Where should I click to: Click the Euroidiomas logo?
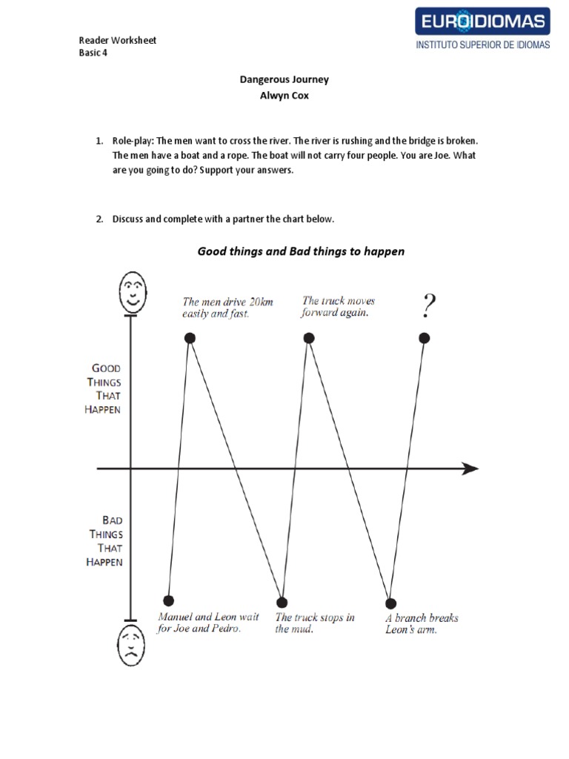(x=483, y=21)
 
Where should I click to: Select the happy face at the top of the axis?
(x=132, y=291)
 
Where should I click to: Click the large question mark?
(x=428, y=305)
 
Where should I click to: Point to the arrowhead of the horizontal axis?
(x=470, y=468)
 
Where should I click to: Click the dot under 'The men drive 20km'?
(x=190, y=338)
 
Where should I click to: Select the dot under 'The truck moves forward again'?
(x=309, y=338)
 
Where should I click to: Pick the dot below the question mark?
(x=425, y=338)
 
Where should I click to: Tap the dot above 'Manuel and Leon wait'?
(x=169, y=600)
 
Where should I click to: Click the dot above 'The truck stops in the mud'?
(x=282, y=602)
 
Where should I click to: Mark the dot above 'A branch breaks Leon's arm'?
(x=390, y=603)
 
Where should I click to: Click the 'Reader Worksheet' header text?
(x=117, y=40)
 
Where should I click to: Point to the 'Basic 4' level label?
(x=93, y=53)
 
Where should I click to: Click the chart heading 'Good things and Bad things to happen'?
(x=301, y=251)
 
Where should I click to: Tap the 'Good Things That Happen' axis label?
(x=103, y=388)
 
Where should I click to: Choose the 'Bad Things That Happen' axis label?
(x=104, y=541)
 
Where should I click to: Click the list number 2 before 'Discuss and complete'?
(x=99, y=219)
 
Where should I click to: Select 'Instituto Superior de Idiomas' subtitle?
(x=483, y=45)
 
